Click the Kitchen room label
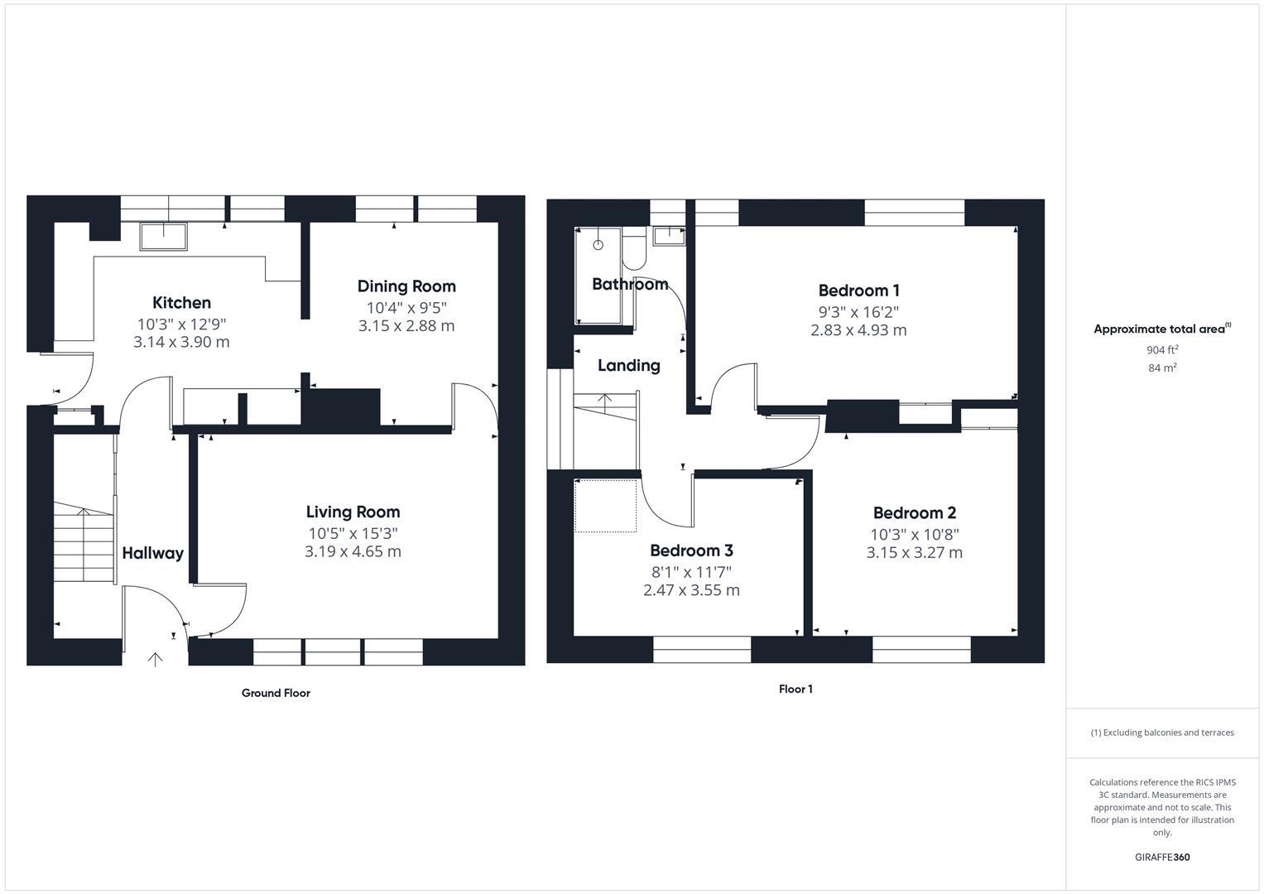(x=181, y=303)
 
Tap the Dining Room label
(x=406, y=286)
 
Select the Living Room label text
(x=353, y=512)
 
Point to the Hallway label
(x=152, y=554)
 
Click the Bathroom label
(x=630, y=285)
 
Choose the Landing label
(x=629, y=366)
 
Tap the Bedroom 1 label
(x=858, y=291)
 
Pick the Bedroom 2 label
(x=914, y=513)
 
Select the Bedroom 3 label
(x=691, y=551)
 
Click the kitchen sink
(x=163, y=237)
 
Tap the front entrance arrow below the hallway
(x=155, y=659)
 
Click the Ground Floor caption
(x=276, y=694)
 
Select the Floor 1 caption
(x=795, y=690)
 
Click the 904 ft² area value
(x=1162, y=350)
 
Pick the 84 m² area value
(x=1162, y=368)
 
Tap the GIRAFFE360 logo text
(x=1162, y=858)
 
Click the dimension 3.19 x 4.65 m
(x=353, y=552)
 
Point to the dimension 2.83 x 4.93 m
(x=858, y=330)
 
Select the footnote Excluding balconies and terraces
(x=1162, y=733)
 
